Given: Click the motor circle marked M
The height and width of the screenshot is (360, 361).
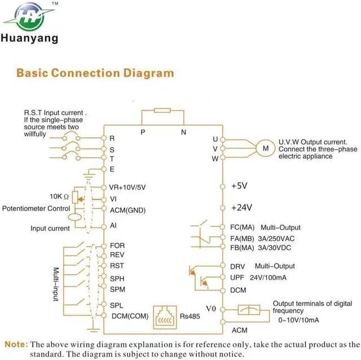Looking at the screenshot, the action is point(266,148).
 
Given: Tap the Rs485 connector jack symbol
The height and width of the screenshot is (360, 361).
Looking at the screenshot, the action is point(165,317).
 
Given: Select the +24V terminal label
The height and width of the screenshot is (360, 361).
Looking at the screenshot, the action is point(241,207).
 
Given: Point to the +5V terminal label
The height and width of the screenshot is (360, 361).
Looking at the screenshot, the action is point(239,186).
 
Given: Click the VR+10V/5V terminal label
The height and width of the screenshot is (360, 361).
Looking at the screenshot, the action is point(127,188).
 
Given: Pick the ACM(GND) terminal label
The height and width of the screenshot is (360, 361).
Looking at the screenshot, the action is point(127,210).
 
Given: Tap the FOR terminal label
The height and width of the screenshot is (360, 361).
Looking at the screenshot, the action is point(117,246).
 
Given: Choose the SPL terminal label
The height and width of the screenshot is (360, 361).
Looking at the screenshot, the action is point(117,305).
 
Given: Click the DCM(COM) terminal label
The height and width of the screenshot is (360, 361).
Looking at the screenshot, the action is point(130,316).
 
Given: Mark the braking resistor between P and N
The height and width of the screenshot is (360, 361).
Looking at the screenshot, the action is point(162,110).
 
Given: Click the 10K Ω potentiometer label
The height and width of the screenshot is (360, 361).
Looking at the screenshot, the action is point(59,197).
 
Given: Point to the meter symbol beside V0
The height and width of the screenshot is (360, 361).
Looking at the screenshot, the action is point(249,310).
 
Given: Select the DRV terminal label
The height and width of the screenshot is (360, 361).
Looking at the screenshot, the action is point(237,266).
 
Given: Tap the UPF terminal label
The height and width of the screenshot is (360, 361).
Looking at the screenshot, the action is point(237,278).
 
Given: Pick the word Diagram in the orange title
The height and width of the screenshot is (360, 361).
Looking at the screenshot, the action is point(148,73).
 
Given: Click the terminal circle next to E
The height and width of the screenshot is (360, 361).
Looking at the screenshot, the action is point(104,169).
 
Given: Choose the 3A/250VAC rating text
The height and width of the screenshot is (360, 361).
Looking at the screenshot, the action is point(276,239).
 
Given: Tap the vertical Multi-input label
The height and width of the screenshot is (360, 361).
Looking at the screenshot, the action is point(56,284).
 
